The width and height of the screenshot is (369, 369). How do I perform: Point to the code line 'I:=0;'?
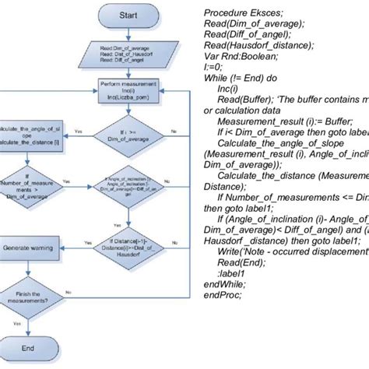pyautogui.click(x=213, y=69)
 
